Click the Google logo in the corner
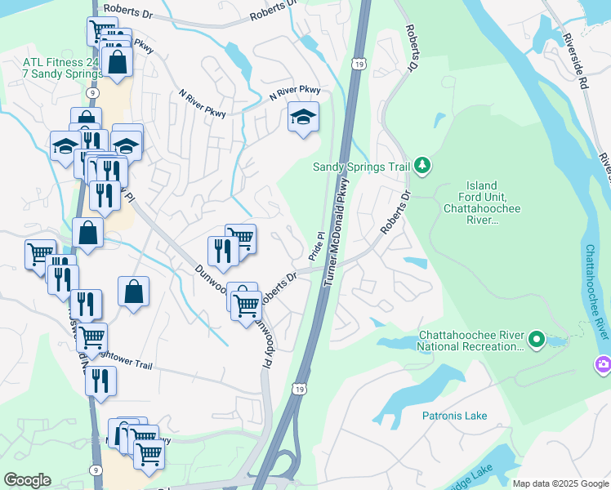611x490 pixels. click(28, 480)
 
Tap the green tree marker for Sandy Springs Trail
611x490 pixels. click(422, 166)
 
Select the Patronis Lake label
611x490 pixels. click(454, 416)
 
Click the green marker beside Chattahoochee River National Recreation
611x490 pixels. click(536, 337)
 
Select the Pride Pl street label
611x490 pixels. click(316, 246)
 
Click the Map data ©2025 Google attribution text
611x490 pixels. click(560, 483)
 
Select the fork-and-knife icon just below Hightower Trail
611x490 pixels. click(100, 380)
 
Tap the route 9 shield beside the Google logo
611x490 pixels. click(96, 470)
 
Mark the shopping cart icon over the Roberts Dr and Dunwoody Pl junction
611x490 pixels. click(246, 305)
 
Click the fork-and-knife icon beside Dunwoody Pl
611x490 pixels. click(222, 250)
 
